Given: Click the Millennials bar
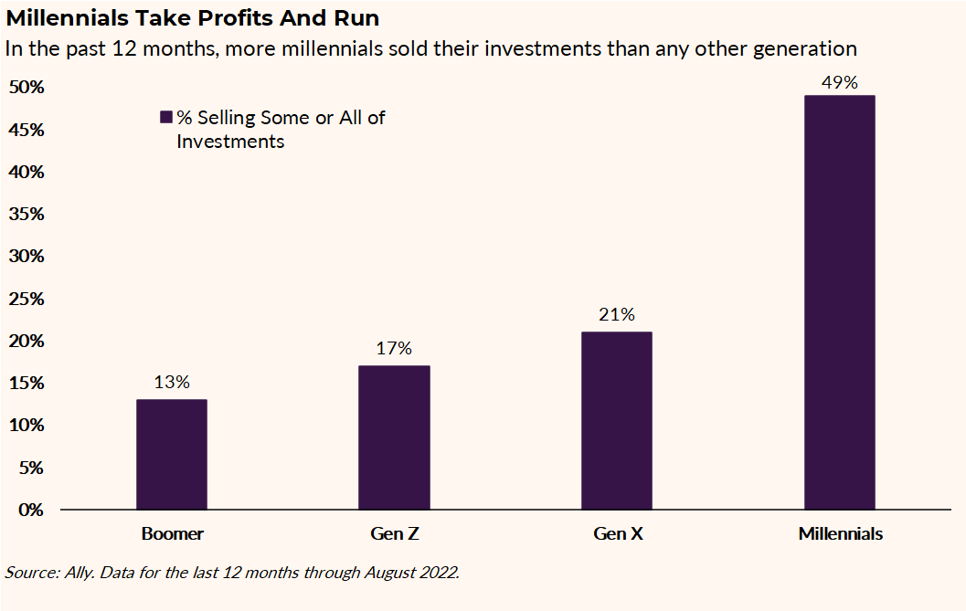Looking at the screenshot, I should pyautogui.click(x=839, y=301).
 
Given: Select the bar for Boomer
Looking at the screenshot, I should pyautogui.click(x=172, y=454).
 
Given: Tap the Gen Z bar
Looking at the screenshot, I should pyautogui.click(x=394, y=437).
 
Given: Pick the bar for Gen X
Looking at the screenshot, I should pyautogui.click(x=617, y=420).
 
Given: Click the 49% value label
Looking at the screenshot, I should pyautogui.click(x=839, y=82).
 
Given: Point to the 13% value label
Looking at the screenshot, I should pyautogui.click(x=172, y=383).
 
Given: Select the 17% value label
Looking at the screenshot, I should pyautogui.click(x=394, y=349).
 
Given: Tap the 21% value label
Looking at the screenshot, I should pyautogui.click(x=617, y=315).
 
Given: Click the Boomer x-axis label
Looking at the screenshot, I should pyautogui.click(x=172, y=534).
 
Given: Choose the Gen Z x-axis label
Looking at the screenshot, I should pyautogui.click(x=394, y=534).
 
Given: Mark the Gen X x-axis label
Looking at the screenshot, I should pyautogui.click(x=617, y=534).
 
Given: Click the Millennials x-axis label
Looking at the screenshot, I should pyautogui.click(x=840, y=534).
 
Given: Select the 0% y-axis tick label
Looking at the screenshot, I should pyautogui.click(x=30, y=510).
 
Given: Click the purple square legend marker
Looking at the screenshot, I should pyautogui.click(x=166, y=118).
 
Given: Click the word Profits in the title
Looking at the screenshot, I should pyautogui.click(x=213, y=18).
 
